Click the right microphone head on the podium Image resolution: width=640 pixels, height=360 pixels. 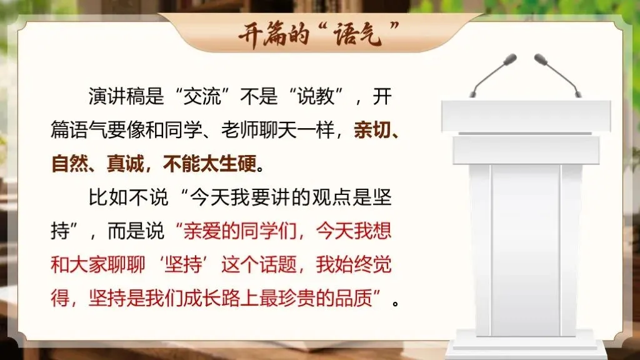tap(541, 59)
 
